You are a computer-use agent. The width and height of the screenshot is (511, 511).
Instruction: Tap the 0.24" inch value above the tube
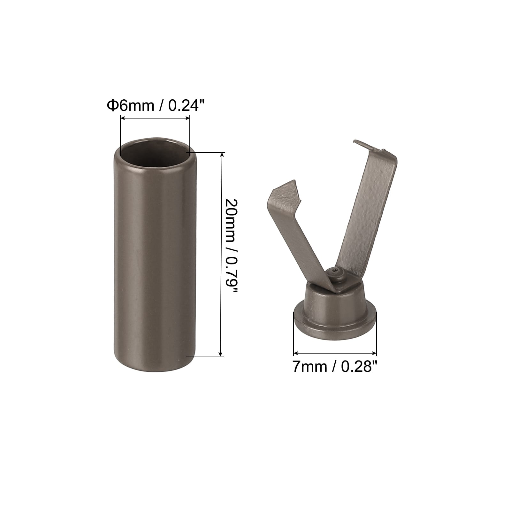(x=186, y=105)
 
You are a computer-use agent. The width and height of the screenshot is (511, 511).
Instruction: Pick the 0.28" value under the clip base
(x=360, y=367)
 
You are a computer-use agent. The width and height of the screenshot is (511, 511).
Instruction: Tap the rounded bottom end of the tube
(x=155, y=358)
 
